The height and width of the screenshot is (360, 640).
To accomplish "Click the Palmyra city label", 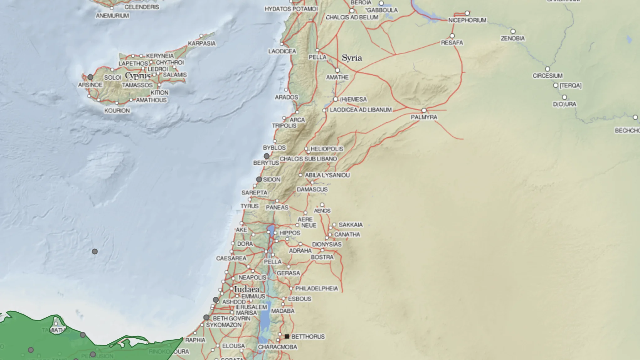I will [x=424, y=117].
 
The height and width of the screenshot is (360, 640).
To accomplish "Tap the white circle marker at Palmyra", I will [x=424, y=110].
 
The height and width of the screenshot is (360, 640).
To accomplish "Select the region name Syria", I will [x=352, y=58].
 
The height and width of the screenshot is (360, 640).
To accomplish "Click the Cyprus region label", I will [x=138, y=76].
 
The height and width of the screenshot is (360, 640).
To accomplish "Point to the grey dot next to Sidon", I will [x=259, y=179].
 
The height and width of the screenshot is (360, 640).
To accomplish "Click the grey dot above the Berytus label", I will [x=267, y=156].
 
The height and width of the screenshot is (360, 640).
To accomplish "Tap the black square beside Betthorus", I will [x=287, y=336].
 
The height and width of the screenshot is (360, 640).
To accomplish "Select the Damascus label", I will [x=312, y=189].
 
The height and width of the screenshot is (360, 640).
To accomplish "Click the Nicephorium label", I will [x=467, y=20].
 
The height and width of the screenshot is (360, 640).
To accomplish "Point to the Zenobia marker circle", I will [x=513, y=31].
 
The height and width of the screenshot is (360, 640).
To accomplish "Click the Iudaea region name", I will [x=247, y=289].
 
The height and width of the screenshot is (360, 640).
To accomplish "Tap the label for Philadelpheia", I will [x=316, y=289].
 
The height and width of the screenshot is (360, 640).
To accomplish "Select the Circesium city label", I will [x=547, y=76].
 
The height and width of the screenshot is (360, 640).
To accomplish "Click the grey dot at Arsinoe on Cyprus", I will [x=90, y=77].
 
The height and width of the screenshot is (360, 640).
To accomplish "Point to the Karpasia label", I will [x=202, y=44].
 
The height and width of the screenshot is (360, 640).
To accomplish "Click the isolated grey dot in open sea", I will [x=95, y=251].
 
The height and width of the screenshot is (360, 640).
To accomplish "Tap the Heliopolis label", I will [x=327, y=149].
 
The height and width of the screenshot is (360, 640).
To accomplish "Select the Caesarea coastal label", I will [x=231, y=258].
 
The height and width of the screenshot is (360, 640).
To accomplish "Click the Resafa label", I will [x=452, y=43].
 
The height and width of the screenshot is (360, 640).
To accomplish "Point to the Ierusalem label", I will [x=251, y=307].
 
